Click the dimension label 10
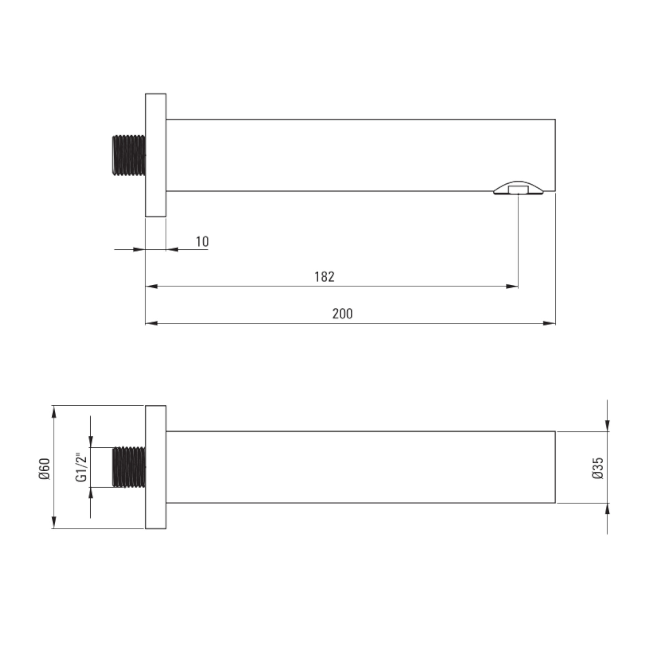(x=202, y=241)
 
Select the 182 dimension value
(x=324, y=277)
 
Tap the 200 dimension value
(x=342, y=314)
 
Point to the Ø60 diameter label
(x=45, y=469)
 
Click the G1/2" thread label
(x=82, y=468)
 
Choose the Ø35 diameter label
(x=598, y=468)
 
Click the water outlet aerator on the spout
(x=518, y=188)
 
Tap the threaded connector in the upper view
(x=129, y=155)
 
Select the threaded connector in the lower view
(x=129, y=467)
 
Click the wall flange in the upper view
(x=156, y=155)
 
